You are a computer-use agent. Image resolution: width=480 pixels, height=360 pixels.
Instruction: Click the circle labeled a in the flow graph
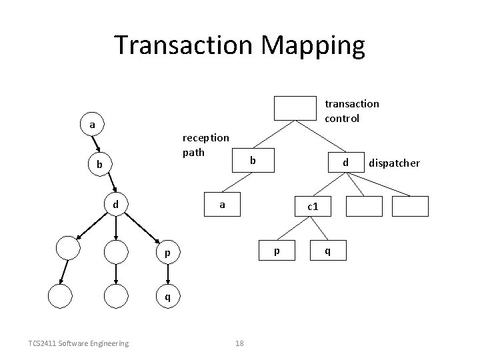92,124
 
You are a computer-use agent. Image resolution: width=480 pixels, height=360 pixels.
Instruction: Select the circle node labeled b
99,164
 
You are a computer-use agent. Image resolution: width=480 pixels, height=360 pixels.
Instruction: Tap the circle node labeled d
115,204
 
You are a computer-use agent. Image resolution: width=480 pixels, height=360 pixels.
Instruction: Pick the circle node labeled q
167,297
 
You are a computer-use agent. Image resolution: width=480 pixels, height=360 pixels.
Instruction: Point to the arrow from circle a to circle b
95,144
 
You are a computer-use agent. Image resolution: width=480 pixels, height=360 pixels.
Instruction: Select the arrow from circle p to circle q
167,275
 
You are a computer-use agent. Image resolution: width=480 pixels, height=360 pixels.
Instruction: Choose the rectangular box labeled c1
311,207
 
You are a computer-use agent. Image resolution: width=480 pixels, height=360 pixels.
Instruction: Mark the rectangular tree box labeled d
345,162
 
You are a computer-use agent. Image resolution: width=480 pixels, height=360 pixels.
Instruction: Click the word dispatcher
394,163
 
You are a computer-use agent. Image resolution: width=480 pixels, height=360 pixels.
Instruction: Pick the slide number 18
241,343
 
